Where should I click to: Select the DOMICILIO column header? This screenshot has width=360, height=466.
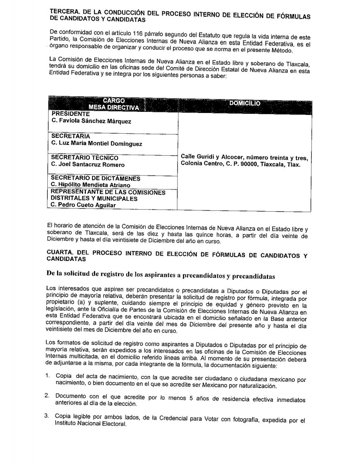(x=245, y=104)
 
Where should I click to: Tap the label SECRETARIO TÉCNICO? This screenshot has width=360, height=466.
(x=85, y=158)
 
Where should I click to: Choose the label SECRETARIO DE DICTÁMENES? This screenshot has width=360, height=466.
(x=96, y=179)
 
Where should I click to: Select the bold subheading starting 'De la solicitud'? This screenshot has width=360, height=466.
(x=160, y=276)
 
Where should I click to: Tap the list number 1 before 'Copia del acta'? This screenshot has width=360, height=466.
(x=47, y=376)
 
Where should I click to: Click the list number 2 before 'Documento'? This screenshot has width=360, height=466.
(x=47, y=396)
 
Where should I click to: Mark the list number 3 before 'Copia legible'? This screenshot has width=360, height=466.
(x=47, y=416)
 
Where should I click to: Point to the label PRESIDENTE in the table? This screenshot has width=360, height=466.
(x=70, y=114)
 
